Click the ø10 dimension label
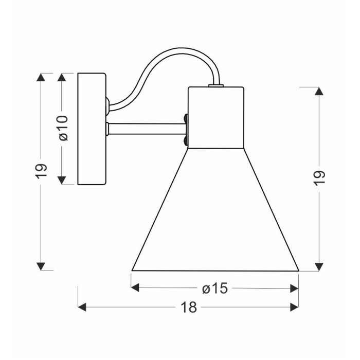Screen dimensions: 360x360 pyautogui.click(x=64, y=128)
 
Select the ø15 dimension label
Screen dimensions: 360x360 pyautogui.click(x=215, y=288)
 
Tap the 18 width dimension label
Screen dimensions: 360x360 pyautogui.click(x=189, y=307)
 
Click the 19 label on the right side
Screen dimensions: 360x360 pyautogui.click(x=319, y=178)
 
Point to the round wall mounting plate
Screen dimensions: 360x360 pyautogui.click(x=92, y=129)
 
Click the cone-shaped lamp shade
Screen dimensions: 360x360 pyautogui.click(x=215, y=210)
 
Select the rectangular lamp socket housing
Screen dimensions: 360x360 pyautogui.click(x=216, y=118)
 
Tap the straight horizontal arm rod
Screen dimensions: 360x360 pyautogui.click(x=147, y=129)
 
